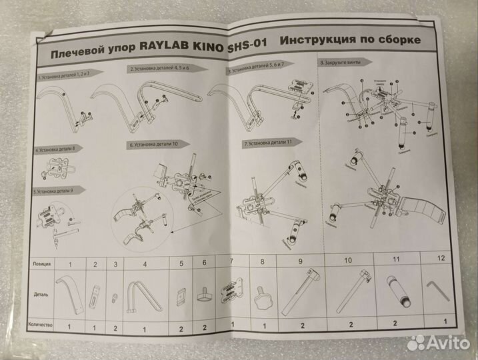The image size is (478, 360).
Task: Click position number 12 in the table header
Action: point(439,257)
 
